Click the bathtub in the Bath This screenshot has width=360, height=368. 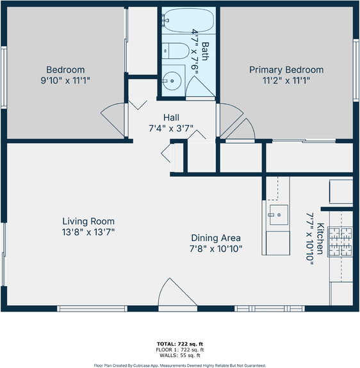click(x=188, y=21)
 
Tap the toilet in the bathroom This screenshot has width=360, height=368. click(x=176, y=51)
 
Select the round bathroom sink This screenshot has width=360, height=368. click(x=172, y=81)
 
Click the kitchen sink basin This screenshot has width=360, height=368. click(x=279, y=215)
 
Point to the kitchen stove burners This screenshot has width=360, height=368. click(x=340, y=242)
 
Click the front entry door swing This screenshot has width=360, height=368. click(x=177, y=292)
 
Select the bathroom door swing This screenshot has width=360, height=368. click(x=200, y=87)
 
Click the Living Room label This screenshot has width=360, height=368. click(x=88, y=221)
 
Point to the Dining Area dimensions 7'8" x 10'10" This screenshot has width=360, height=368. click(x=216, y=249)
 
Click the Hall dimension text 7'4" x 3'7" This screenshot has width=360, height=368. click(x=171, y=128)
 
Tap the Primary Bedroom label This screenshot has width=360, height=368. click(x=286, y=70)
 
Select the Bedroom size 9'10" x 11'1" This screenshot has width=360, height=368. click(x=65, y=81)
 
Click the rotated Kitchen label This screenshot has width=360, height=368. click(x=320, y=238)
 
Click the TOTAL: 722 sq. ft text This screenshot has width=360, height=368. click(x=180, y=344)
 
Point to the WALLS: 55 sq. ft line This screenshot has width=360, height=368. click(x=180, y=355)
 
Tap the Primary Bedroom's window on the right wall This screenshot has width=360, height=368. click(x=356, y=71)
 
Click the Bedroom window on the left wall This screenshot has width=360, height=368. click(x=4, y=78)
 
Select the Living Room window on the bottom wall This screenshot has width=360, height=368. click(x=92, y=308)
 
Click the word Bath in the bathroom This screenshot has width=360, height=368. click(x=205, y=51)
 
